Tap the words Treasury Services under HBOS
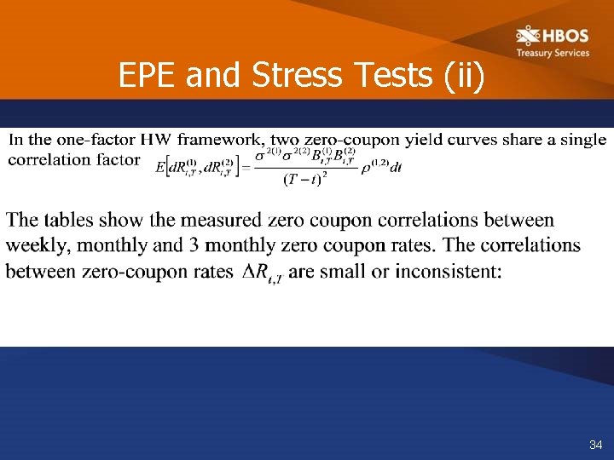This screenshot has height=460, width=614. (x=553, y=53)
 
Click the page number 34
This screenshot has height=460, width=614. (x=594, y=446)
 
